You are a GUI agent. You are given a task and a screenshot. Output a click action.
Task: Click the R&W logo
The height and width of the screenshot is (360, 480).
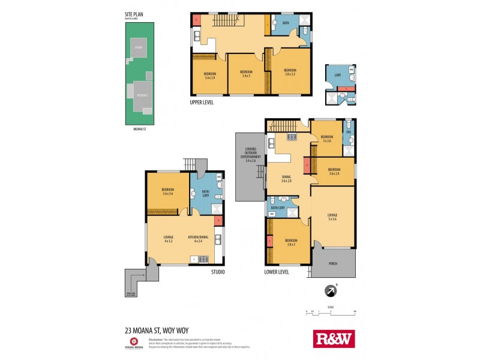(x=334, y=339)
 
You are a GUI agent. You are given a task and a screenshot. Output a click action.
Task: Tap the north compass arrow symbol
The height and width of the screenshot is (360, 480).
(x=329, y=292)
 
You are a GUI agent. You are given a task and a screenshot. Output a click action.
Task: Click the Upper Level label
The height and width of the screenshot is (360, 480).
(x=202, y=102)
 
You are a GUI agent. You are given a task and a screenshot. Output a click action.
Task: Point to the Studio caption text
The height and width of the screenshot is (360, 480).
(x=217, y=272)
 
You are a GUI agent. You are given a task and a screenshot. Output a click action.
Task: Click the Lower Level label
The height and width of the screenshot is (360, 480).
(x=277, y=272)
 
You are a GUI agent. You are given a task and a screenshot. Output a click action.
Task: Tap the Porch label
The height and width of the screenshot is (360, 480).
(x=332, y=263)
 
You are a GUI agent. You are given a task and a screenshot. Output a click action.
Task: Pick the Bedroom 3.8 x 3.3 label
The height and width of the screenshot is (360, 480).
(x=290, y=73)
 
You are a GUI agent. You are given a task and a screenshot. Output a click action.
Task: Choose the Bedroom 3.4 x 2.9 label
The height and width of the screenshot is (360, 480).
(x=210, y=76)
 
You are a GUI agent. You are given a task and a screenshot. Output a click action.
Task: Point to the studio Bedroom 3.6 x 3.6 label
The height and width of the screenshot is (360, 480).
(x=167, y=192)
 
